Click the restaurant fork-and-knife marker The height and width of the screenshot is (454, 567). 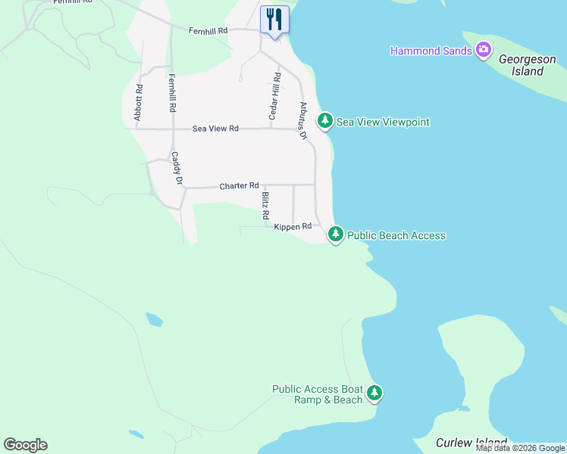[274, 20]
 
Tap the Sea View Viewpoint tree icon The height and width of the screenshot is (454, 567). [325, 121]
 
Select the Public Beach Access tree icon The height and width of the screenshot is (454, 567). [336, 235]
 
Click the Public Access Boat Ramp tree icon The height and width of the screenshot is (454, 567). [374, 393]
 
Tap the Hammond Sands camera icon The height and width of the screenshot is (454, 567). [484, 51]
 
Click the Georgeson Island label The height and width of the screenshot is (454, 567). [516, 71]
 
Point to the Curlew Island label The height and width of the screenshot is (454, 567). [471, 443]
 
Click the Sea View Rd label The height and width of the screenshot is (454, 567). [215, 129]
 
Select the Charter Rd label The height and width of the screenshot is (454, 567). [240, 185]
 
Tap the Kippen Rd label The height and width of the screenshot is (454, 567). [293, 226]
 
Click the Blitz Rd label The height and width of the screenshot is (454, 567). [265, 205]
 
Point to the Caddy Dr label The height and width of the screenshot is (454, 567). [176, 168]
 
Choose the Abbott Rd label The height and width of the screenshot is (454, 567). [139, 102]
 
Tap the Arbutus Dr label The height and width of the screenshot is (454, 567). [303, 120]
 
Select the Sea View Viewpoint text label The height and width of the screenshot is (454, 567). [383, 122]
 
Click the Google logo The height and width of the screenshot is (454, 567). [25, 445]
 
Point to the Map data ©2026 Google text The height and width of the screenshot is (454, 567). [520, 448]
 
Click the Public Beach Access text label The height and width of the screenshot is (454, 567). [396, 235]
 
